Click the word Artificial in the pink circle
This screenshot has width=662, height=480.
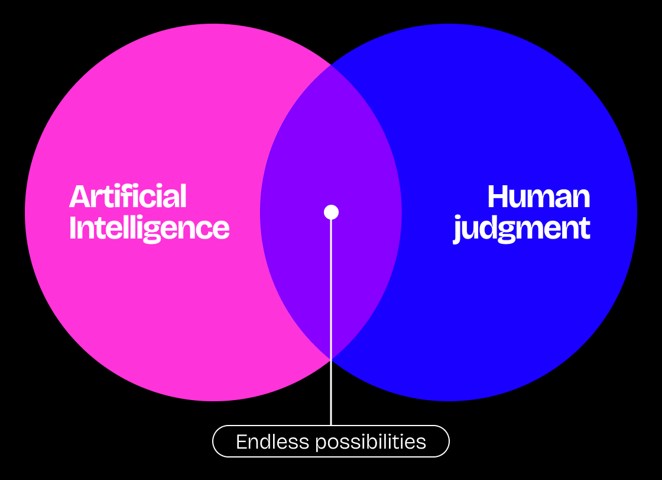coord(128,196)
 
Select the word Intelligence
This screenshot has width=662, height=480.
coord(149,228)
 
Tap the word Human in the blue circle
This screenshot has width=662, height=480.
coord(538,196)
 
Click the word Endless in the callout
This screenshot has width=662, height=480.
coord(264,442)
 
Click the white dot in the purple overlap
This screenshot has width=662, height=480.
coord(331,212)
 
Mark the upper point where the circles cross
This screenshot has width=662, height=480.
coord(331,65)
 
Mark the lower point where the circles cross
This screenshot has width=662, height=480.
coord(331,359)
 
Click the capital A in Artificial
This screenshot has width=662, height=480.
coord(79,197)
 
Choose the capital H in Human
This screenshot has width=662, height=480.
coord(499,197)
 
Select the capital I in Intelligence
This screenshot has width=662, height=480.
coord(73,228)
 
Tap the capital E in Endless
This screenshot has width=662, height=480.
coord(241,442)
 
